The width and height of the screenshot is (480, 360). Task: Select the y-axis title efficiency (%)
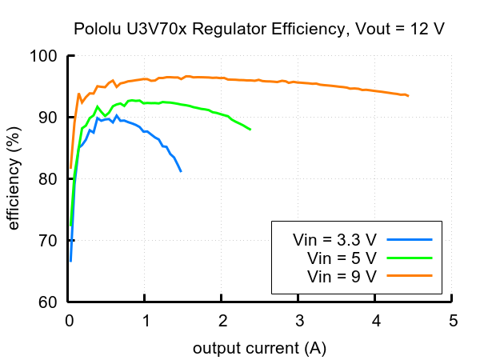click(x=14, y=179)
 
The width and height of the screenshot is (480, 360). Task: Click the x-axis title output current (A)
click(x=259, y=348)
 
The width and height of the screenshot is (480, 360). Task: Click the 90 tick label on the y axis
click(x=49, y=118)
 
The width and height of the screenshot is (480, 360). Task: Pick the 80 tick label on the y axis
click(x=49, y=179)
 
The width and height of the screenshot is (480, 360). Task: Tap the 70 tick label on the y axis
click(x=49, y=241)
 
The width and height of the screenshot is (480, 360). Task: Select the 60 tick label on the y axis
click(x=49, y=302)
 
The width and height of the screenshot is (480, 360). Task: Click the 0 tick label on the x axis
click(x=69, y=322)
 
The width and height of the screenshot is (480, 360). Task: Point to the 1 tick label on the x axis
click(x=146, y=322)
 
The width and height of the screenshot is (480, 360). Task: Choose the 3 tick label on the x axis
click(x=299, y=322)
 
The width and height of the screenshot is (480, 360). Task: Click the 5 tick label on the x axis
click(x=453, y=322)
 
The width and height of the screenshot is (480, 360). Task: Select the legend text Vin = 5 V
click(x=342, y=258)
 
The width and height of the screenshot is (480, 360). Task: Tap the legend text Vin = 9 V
click(x=342, y=276)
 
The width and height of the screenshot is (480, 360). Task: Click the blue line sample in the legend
click(x=409, y=239)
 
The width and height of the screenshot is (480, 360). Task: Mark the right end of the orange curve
click(x=408, y=96)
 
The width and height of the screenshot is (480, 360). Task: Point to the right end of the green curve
click(x=250, y=129)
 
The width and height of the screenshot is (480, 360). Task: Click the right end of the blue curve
click(x=181, y=171)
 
